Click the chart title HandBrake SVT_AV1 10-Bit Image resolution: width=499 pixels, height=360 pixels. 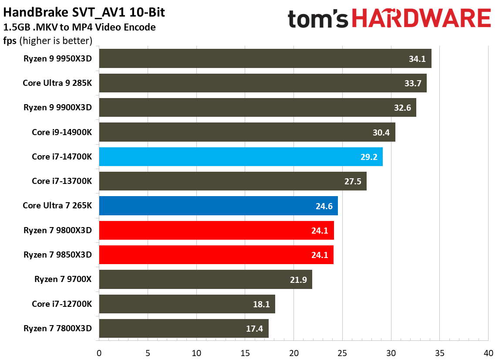click(x=84, y=13)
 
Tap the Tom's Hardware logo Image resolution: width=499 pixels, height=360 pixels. click(x=389, y=19)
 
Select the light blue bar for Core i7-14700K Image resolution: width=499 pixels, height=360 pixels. click(x=240, y=156)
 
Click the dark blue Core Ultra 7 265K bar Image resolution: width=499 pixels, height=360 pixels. click(x=218, y=206)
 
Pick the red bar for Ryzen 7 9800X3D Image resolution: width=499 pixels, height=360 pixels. click(x=216, y=230)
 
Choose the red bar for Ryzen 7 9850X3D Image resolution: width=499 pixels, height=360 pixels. click(x=216, y=255)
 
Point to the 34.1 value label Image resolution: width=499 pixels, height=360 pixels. click(x=417, y=58)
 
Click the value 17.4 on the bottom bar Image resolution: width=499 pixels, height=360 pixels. click(x=254, y=329)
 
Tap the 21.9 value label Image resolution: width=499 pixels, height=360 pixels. click(x=298, y=280)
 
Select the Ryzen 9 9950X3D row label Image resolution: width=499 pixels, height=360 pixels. click(x=57, y=58)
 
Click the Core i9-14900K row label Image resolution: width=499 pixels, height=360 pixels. click(x=62, y=132)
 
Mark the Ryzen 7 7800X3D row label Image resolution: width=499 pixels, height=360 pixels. click(x=57, y=329)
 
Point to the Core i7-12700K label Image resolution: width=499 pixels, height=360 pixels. click(x=62, y=304)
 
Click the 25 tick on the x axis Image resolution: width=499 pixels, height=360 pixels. click(x=342, y=353)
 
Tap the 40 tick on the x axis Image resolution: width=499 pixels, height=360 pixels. click(x=488, y=353)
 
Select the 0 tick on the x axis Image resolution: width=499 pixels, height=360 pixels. click(x=99, y=353)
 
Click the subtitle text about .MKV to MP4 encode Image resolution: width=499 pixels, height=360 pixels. click(x=80, y=28)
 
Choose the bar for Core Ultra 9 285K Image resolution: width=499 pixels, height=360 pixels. click(x=263, y=83)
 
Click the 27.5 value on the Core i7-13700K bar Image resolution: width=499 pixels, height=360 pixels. click(x=353, y=181)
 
